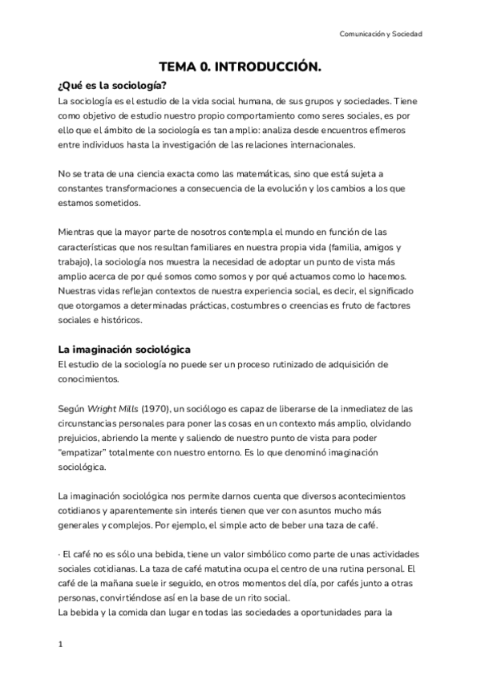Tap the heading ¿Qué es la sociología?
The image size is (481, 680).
coord(112,87)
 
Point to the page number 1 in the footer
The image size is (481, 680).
coord(60,644)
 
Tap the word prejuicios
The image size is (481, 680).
coord(82,438)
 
